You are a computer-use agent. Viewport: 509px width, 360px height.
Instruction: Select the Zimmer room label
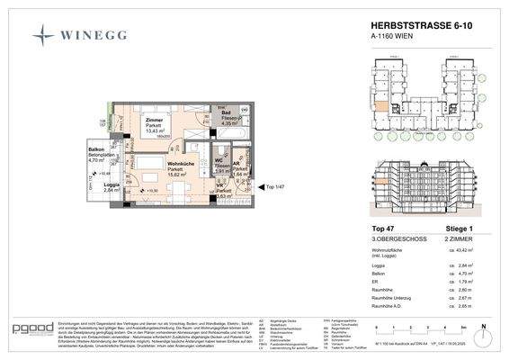click(148, 120)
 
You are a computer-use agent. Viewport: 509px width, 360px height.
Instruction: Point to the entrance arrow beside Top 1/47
click(260, 187)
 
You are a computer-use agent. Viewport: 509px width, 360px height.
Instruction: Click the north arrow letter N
click(482, 328)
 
